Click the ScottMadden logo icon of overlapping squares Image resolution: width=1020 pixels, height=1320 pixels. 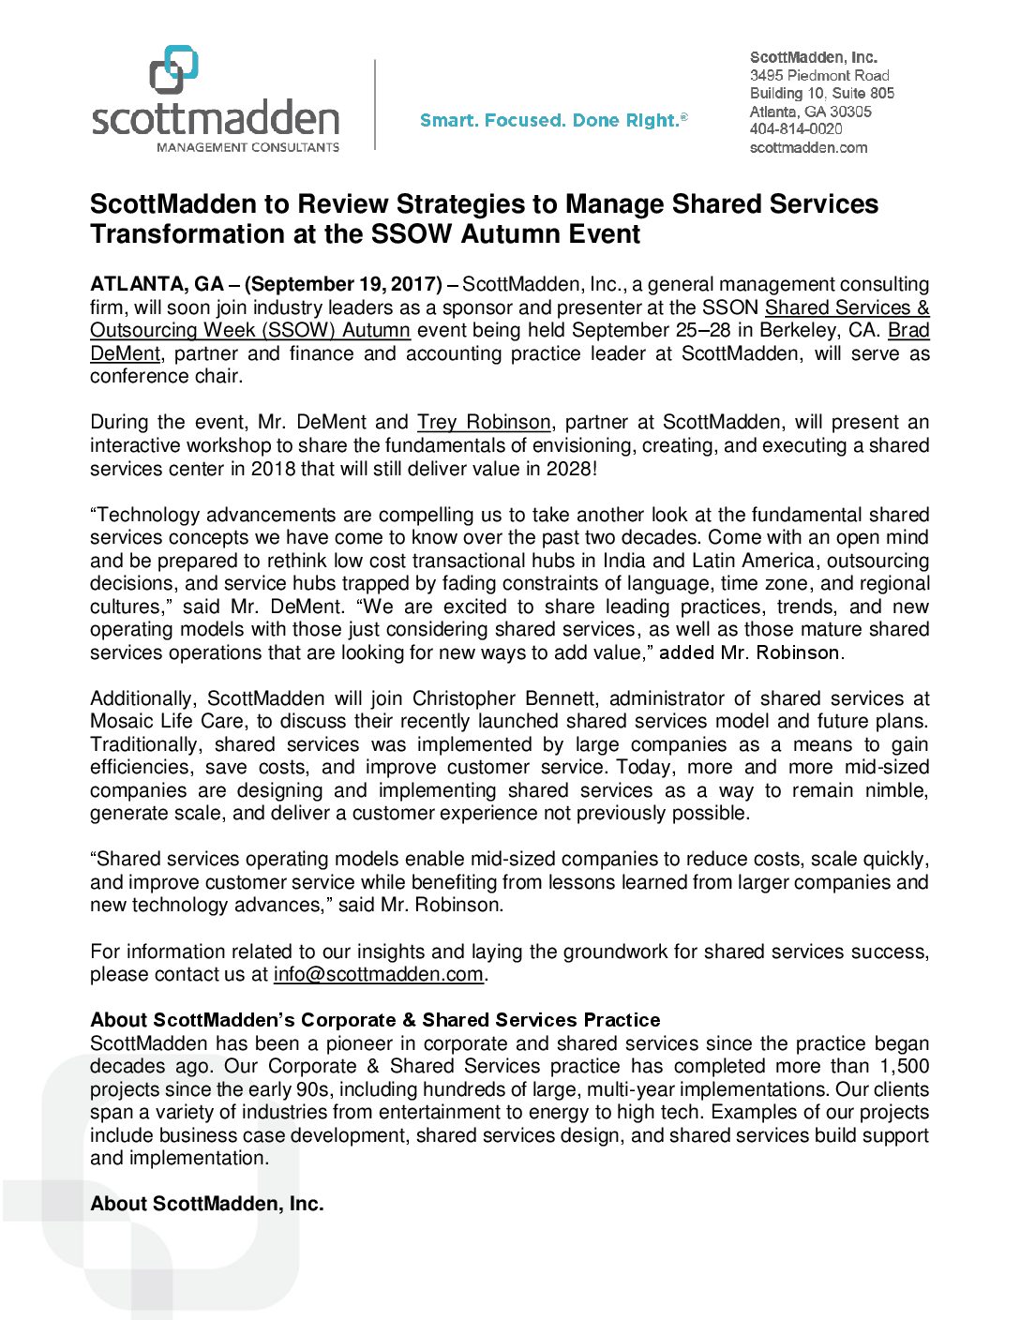coord(174,69)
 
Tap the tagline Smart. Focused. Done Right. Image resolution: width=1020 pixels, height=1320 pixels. coord(553,120)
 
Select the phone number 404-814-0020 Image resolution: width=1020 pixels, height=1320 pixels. coord(796,129)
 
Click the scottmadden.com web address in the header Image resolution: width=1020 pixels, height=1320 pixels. coord(808,147)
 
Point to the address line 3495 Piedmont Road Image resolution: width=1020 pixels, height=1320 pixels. coord(819,75)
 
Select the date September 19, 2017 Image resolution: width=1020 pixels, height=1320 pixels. coord(343,284)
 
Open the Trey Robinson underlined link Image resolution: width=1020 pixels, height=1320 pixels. coord(484,423)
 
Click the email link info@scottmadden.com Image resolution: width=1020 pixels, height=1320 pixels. coord(379,975)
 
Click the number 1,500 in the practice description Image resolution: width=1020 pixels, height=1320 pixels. coord(904,1067)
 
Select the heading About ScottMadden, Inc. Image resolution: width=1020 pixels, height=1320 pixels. coord(207,1204)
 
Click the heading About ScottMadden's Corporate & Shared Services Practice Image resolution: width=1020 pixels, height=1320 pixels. coord(375,1020)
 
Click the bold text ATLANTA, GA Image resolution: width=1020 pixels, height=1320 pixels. coord(157,284)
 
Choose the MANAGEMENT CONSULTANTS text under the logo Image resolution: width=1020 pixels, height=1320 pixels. coord(248,147)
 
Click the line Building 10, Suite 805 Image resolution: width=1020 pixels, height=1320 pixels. coord(822,93)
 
